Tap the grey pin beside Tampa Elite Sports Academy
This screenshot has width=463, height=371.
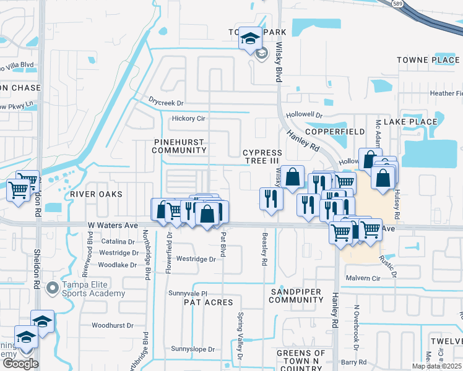click(x=53, y=288)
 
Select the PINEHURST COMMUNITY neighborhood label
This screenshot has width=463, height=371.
click(x=178, y=146)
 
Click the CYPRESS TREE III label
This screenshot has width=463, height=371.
click(x=262, y=156)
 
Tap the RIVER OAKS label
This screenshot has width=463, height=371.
click(x=96, y=194)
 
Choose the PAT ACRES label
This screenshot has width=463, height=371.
click(x=208, y=302)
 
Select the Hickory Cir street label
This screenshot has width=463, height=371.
click(x=188, y=118)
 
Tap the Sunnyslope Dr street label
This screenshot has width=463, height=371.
click(x=193, y=349)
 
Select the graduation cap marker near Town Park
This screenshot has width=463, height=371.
click(x=250, y=38)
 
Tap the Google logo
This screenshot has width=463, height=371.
click(x=20, y=364)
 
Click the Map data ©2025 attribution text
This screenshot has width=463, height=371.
click(x=437, y=366)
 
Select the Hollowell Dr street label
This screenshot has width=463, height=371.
click(x=305, y=115)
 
